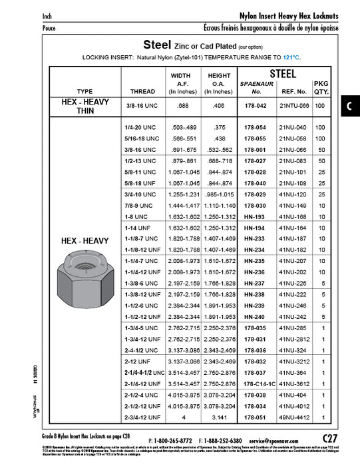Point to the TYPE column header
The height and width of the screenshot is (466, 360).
85,91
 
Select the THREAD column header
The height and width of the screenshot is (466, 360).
142,91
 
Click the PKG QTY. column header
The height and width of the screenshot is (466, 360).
321,87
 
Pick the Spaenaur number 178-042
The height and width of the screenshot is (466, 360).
256,106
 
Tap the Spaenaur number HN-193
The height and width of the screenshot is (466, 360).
256,217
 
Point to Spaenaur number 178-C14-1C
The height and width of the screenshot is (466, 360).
256,384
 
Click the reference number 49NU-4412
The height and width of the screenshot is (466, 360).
293,418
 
